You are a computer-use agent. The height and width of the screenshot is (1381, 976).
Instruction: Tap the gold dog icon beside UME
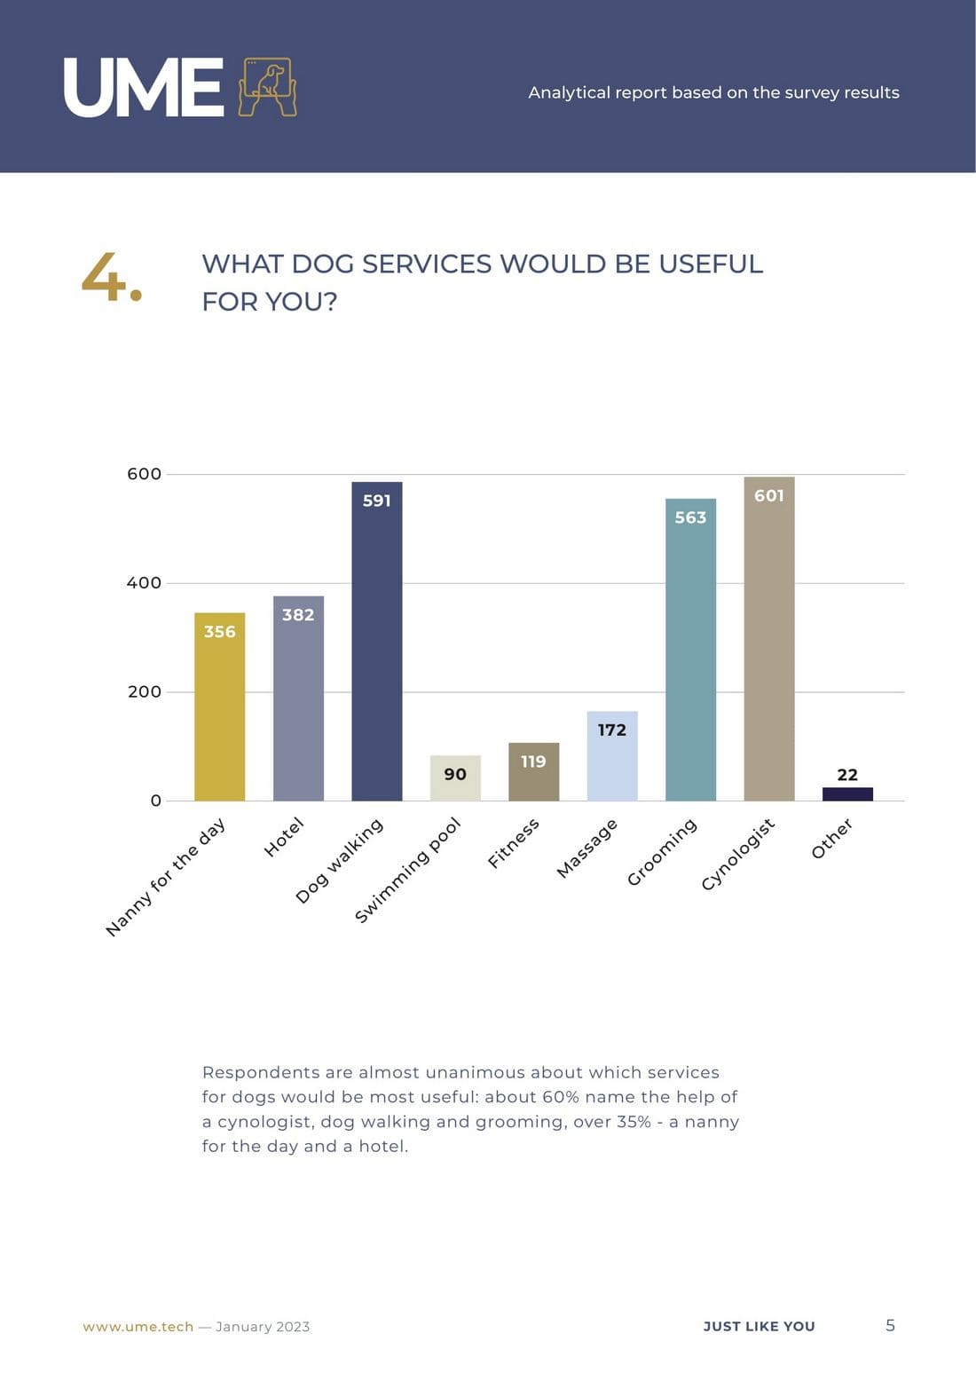coord(267,87)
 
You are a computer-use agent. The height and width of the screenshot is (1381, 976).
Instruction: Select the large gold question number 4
coord(111,277)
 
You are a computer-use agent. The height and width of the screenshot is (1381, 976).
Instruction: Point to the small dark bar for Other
coord(847,793)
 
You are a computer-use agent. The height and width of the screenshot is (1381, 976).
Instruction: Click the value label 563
coord(690,517)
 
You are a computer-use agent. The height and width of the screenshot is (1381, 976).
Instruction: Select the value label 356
coord(219,632)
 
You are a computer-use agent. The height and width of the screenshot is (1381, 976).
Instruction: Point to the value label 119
coord(533,762)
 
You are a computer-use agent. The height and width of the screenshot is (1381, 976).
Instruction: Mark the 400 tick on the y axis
coord(144,583)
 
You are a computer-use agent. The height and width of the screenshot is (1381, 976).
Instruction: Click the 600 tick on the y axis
coord(144,474)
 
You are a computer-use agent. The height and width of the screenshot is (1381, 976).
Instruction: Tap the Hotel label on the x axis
coord(284,838)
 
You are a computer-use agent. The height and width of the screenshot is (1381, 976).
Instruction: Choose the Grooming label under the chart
coord(662,852)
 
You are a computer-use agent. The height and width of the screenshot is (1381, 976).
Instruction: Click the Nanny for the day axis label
coord(166,877)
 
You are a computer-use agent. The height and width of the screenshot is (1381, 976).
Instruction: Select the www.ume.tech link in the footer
coord(138,1327)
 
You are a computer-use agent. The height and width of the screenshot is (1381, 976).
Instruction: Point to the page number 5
coord(890,1325)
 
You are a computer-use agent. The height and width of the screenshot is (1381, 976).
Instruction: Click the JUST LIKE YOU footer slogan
coord(759,1327)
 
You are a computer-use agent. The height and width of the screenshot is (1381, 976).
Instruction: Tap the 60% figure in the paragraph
coord(559,1097)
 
